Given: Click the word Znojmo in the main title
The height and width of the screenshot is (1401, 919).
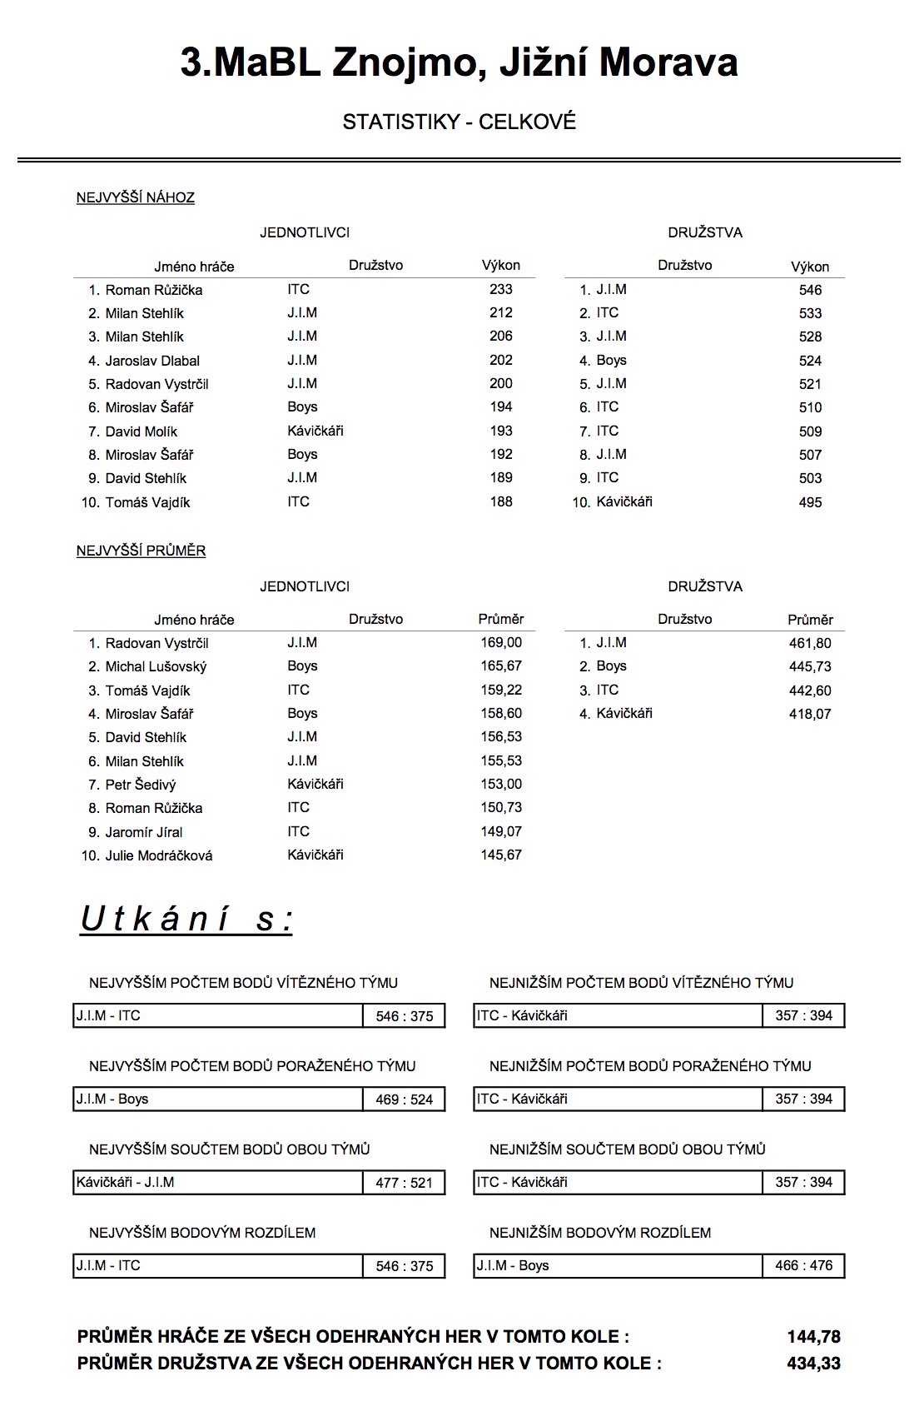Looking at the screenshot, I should (403, 63).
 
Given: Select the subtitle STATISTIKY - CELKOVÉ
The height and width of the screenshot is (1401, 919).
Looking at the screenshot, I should (459, 122).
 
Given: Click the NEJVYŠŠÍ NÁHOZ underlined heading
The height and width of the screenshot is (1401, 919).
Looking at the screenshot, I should (136, 198).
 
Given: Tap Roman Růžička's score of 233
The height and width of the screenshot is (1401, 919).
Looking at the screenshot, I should (501, 289).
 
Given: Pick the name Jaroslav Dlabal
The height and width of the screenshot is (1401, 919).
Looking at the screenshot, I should (152, 361).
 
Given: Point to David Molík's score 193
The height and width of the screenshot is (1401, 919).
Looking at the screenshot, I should (501, 431).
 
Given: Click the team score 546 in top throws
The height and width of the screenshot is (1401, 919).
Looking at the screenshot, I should (810, 290).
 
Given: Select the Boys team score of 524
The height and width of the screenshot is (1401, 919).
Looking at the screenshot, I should (810, 361).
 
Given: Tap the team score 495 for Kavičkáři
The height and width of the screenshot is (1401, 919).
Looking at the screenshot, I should (810, 502).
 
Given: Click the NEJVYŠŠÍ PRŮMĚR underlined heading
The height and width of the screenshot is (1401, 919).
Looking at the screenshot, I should (141, 551).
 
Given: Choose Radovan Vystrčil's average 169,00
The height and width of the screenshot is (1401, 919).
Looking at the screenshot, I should (501, 642).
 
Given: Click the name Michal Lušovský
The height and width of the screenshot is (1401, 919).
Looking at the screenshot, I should (156, 666).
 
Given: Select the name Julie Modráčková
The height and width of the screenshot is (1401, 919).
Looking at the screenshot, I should (158, 855).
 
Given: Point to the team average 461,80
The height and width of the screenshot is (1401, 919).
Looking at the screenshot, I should (810, 643).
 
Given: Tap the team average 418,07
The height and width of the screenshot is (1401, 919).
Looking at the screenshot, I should (810, 714).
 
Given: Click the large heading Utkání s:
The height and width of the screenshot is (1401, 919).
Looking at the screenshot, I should (186, 919).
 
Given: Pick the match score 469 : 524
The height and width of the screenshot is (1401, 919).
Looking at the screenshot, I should (405, 1099).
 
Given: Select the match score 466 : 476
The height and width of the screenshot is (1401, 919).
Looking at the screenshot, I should (803, 1265).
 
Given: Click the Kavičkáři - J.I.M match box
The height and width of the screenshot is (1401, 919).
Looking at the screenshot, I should (218, 1182).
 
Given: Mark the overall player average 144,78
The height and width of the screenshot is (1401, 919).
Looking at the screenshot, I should (813, 1337).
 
